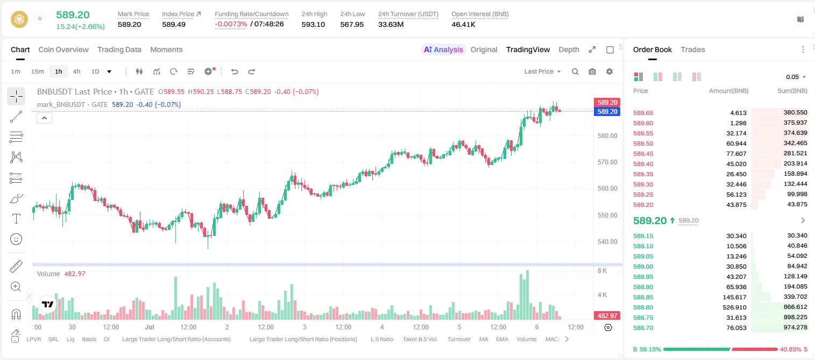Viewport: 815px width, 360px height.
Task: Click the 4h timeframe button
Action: (x=76, y=71)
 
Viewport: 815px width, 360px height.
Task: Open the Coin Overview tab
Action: (x=63, y=49)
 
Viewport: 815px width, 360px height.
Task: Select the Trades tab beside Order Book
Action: (x=693, y=49)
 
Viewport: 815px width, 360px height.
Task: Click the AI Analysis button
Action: (x=443, y=49)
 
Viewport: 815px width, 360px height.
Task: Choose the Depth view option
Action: (x=569, y=49)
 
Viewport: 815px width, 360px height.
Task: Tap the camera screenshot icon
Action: (x=592, y=71)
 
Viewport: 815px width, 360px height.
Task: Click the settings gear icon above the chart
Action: (x=610, y=71)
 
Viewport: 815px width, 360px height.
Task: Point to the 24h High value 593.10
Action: (x=313, y=24)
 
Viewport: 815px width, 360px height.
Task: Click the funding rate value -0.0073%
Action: (x=231, y=24)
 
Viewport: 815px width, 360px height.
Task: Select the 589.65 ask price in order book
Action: (x=643, y=113)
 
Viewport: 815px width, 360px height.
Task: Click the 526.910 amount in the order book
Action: (x=734, y=307)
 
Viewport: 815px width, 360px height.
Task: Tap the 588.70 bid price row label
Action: (x=643, y=328)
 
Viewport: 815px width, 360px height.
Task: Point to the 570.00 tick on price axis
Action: (x=607, y=162)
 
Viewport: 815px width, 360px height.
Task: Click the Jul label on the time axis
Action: (x=149, y=327)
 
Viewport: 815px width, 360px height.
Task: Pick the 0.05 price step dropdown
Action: (x=796, y=77)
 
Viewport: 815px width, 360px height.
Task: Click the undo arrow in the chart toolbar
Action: (x=235, y=71)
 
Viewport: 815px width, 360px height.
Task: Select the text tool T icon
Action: (x=16, y=219)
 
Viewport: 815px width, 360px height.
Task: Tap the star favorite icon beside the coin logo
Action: (x=40, y=18)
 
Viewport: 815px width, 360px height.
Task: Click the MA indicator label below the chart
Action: (x=484, y=339)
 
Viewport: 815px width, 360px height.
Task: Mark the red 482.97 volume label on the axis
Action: (x=607, y=316)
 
